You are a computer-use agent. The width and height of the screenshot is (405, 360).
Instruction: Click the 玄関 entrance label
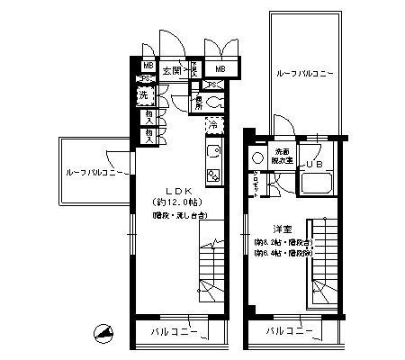coord(172,69)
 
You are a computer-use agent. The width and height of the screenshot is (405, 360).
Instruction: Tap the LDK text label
coord(176,191)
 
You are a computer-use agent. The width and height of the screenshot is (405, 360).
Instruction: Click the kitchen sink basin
coord(214,152)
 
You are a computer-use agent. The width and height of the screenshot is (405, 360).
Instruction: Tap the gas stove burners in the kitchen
coord(214,173)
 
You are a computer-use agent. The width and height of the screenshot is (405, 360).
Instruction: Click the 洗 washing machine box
coord(144,95)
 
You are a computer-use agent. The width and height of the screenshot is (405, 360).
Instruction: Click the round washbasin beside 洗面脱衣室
coord(258,158)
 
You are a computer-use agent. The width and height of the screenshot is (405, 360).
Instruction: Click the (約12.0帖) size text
coord(176,203)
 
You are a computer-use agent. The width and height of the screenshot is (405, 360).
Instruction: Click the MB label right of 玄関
coord(219,69)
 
